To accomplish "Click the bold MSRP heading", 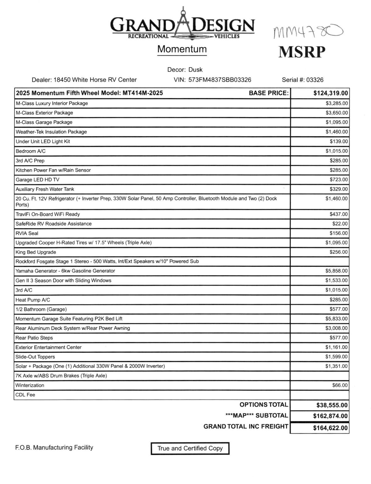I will coord(301,52).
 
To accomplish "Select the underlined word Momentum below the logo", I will coord(182,49).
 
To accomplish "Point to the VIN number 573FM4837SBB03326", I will coord(220,80).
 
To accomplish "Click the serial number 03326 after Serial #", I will coord(315,80).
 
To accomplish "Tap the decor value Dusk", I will coord(195,70).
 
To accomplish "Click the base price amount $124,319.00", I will coord(331,93).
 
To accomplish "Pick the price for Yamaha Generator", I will coord(336,271).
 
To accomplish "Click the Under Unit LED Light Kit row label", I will coord(43,141).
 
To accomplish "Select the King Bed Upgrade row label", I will coord(36,252).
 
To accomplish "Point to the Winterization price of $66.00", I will coord(340,385).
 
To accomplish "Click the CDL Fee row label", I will coord(25,395).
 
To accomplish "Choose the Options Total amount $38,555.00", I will coord(332,405).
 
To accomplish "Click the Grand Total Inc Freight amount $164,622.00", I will coord(330,428).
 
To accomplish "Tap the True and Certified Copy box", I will coord(190,448).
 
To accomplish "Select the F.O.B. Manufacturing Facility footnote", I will coord(54,447).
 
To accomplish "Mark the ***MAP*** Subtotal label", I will coord(257,416).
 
